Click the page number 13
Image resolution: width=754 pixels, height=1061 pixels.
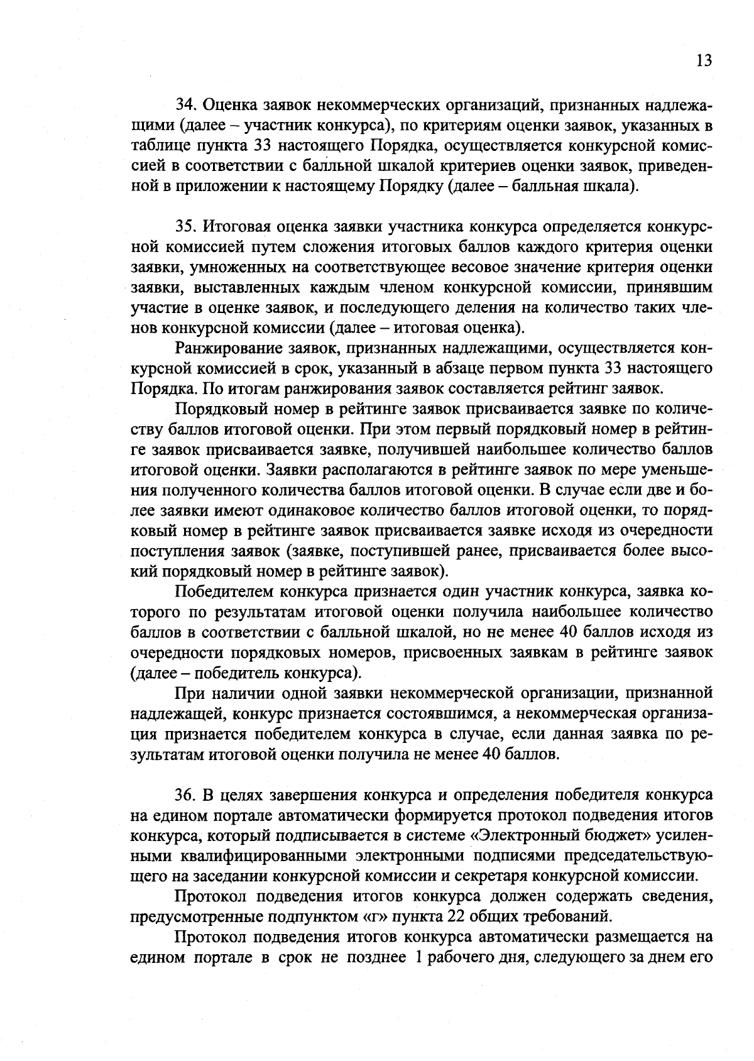tap(704, 60)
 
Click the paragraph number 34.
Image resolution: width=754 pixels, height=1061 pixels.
tap(185, 106)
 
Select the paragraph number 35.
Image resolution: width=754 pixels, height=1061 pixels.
tap(185, 227)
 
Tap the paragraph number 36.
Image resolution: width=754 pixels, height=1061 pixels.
tap(185, 795)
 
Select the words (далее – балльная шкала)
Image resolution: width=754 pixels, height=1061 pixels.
tap(543, 187)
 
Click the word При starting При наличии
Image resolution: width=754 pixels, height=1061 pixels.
tap(187, 693)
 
